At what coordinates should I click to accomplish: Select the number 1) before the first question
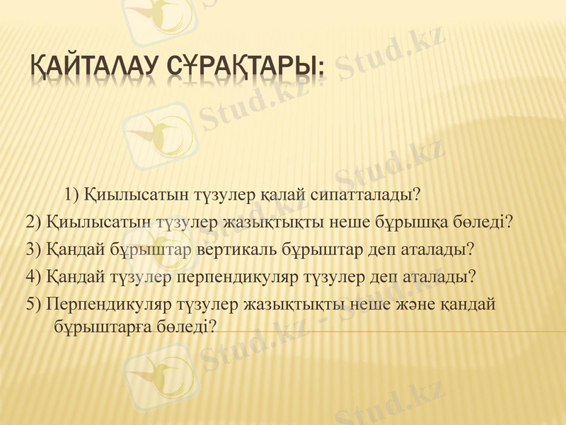pos(72,193)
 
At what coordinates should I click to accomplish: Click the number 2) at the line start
pos(33,222)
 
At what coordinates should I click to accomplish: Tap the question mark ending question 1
pos(417,193)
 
